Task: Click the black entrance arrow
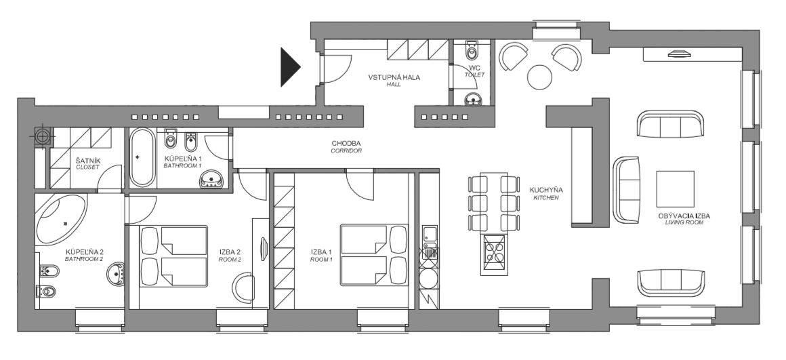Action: (x=290, y=66)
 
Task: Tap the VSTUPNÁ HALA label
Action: (x=394, y=78)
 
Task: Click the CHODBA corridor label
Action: (x=346, y=144)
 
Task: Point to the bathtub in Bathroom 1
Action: (x=142, y=157)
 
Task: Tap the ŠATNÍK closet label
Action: (x=87, y=161)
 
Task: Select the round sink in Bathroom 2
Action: (x=117, y=274)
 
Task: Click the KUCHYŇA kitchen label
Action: (x=546, y=190)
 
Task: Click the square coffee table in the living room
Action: (x=676, y=189)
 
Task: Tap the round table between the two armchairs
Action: (x=539, y=77)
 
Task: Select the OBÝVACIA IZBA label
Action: (x=684, y=216)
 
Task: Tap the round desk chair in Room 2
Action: (x=243, y=287)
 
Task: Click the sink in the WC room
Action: (x=472, y=100)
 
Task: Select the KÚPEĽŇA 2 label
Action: (x=84, y=252)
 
